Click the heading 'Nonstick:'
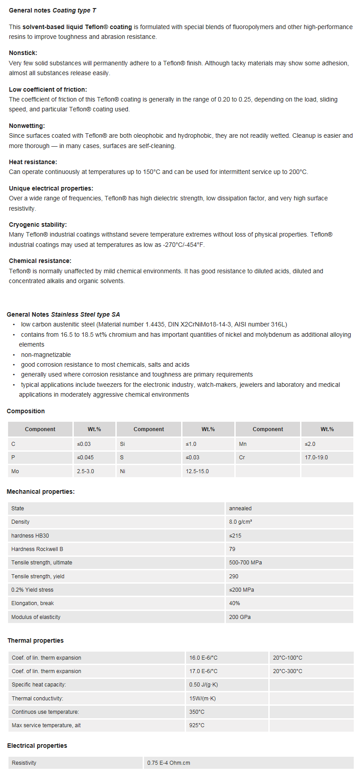pos(23,53)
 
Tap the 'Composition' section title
pos(25,411)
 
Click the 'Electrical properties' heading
pos(37,746)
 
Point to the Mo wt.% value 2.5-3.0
pos(85,471)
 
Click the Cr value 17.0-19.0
pos(316,458)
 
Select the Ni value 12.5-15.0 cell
pos(197,471)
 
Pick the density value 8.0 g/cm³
pos(241,522)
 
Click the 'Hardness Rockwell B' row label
pos(37,549)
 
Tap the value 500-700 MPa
pos(246,563)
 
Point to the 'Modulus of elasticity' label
pos(36,617)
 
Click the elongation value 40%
pos(234,603)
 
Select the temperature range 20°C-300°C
pos(288,671)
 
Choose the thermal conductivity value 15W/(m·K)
pos(202,699)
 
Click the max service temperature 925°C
pos(197,725)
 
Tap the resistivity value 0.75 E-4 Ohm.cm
pos(169,763)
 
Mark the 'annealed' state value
pos(240,509)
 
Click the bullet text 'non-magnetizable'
pos(46,355)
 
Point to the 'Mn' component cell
pos(243,444)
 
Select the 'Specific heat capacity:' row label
pos(39,685)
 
